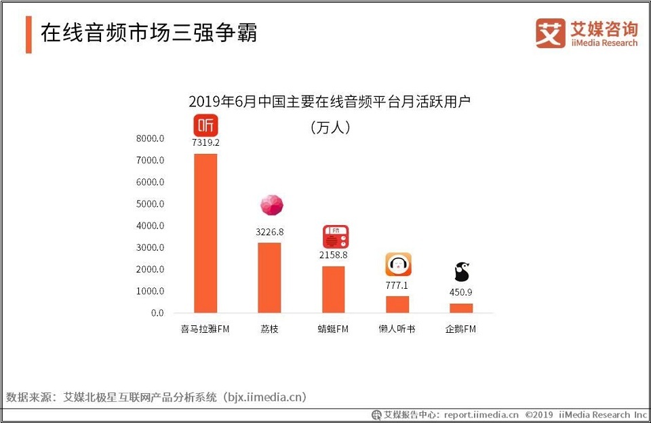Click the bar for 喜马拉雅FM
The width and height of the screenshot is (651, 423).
(205, 233)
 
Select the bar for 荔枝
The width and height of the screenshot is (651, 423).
(269, 277)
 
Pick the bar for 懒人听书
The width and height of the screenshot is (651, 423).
(397, 304)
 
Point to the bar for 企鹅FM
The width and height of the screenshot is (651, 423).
(461, 308)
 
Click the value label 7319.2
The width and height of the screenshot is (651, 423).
(205, 143)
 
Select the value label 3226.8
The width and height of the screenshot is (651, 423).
(269, 232)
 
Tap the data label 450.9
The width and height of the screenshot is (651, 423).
(461, 293)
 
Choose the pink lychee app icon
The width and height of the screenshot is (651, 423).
(271, 205)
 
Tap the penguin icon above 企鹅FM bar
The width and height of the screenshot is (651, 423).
(462, 272)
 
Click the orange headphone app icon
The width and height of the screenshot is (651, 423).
(398, 264)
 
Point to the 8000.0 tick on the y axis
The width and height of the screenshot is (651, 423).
(150, 138)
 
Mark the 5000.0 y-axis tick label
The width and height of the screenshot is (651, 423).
(150, 204)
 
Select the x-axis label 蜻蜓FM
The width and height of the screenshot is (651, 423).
(333, 329)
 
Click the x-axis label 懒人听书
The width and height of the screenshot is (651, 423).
(397, 329)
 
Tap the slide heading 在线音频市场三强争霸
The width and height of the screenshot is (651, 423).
(149, 33)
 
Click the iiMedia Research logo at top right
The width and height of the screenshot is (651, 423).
(587, 33)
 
